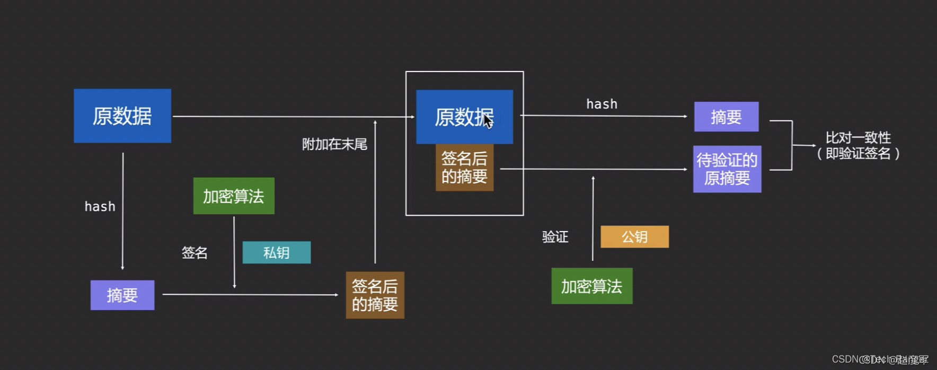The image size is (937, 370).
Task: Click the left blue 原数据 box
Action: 122,116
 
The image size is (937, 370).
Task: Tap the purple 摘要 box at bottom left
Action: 122,295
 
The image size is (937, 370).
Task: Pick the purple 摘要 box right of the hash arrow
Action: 726,117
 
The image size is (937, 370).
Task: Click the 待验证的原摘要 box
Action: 727,169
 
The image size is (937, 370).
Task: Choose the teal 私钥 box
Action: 276,252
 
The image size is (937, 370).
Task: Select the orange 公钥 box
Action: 634,236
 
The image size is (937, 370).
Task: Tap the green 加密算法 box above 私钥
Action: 234,196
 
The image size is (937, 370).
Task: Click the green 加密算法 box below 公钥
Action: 591,286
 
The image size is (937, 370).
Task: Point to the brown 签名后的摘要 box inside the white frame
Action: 464,168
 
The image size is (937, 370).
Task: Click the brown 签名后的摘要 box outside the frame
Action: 375,295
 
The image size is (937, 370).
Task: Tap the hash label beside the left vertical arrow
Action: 100,206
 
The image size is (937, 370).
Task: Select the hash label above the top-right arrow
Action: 602,104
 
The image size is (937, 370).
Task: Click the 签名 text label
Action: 195,253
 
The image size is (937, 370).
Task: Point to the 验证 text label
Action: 555,237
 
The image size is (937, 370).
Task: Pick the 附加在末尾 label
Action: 334,144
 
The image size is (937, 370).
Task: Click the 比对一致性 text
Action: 858,138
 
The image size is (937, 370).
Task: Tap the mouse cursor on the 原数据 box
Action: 488,121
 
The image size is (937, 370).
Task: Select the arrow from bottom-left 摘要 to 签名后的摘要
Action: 249,294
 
